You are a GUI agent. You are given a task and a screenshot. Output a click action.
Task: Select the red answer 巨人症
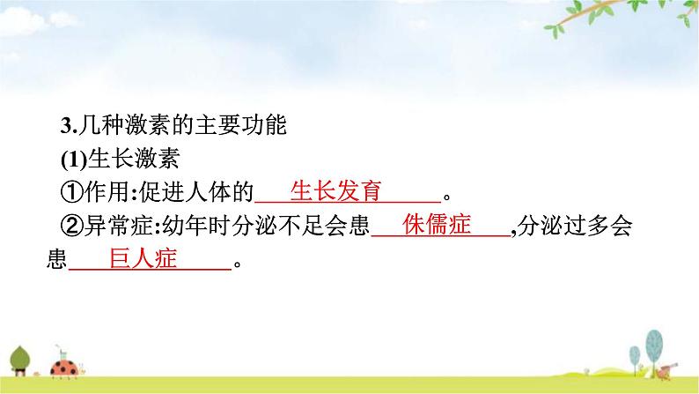143,258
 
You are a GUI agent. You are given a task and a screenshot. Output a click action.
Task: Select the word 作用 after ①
99,193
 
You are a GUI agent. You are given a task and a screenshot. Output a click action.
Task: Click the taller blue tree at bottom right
652,343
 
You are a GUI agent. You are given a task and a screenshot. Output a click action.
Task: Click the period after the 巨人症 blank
235,262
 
